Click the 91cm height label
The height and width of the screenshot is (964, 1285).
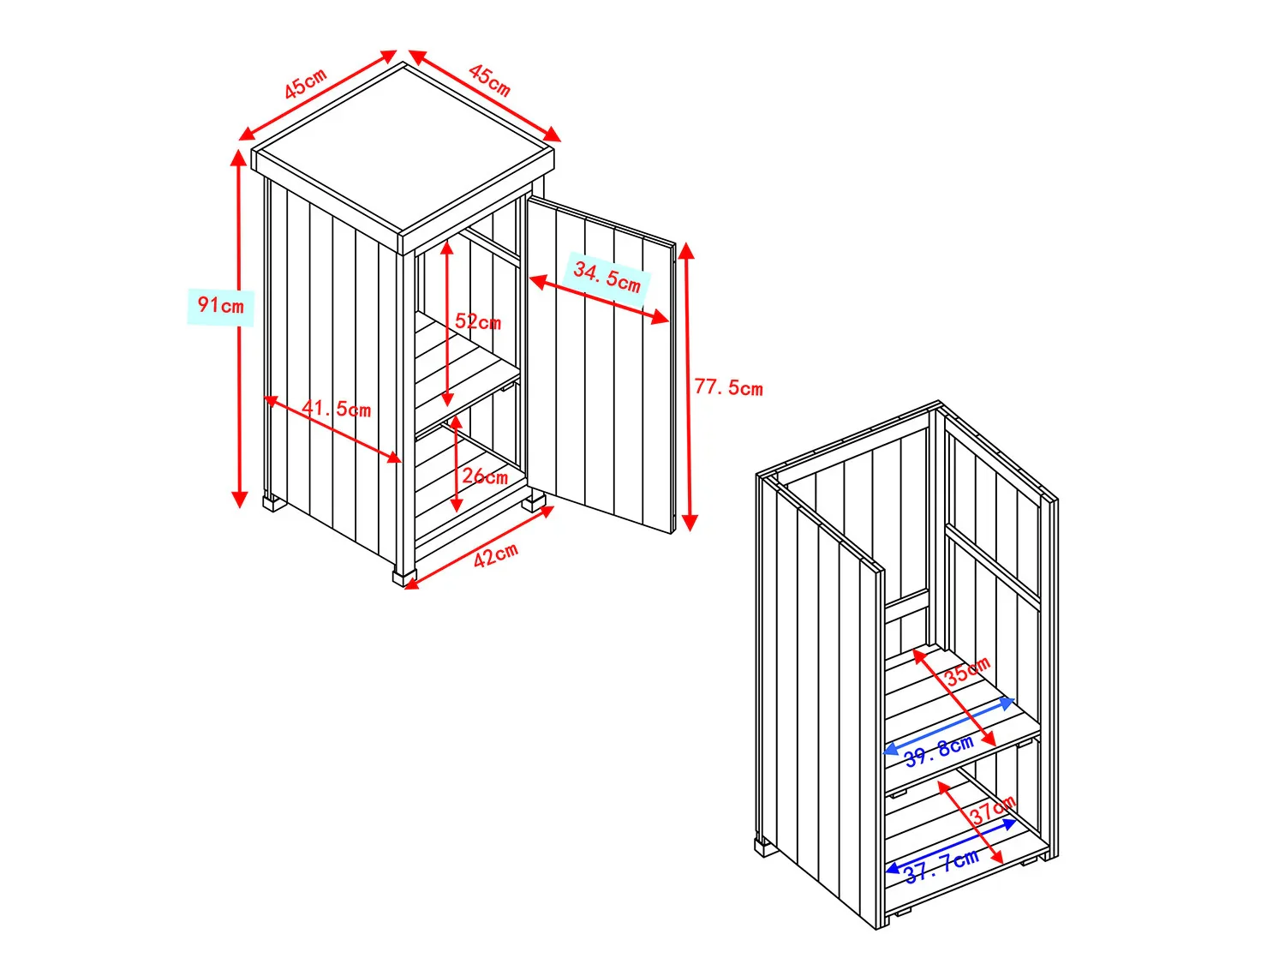(x=221, y=305)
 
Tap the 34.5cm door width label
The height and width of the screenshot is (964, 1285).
(x=607, y=277)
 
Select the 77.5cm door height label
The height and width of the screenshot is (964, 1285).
(x=729, y=387)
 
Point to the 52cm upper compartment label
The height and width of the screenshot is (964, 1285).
(x=478, y=321)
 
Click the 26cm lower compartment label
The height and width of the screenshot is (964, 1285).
(x=485, y=476)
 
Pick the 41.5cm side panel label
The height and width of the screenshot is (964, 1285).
(x=337, y=408)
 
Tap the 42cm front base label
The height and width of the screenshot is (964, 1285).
(x=496, y=554)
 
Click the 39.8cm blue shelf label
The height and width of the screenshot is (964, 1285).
(x=939, y=751)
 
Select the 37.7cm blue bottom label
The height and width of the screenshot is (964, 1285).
(x=941, y=867)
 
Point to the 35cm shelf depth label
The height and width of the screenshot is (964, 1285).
(x=968, y=670)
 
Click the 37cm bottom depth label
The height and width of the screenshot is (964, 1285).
(x=994, y=810)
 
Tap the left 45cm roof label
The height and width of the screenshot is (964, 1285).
(x=305, y=83)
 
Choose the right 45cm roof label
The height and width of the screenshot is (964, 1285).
(x=490, y=81)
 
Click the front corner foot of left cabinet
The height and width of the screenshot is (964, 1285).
(x=404, y=577)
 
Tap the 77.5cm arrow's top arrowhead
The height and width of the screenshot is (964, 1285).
(x=687, y=250)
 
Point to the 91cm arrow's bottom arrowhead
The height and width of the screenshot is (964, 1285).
(x=239, y=499)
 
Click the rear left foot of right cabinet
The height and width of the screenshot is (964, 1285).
(x=762, y=847)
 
